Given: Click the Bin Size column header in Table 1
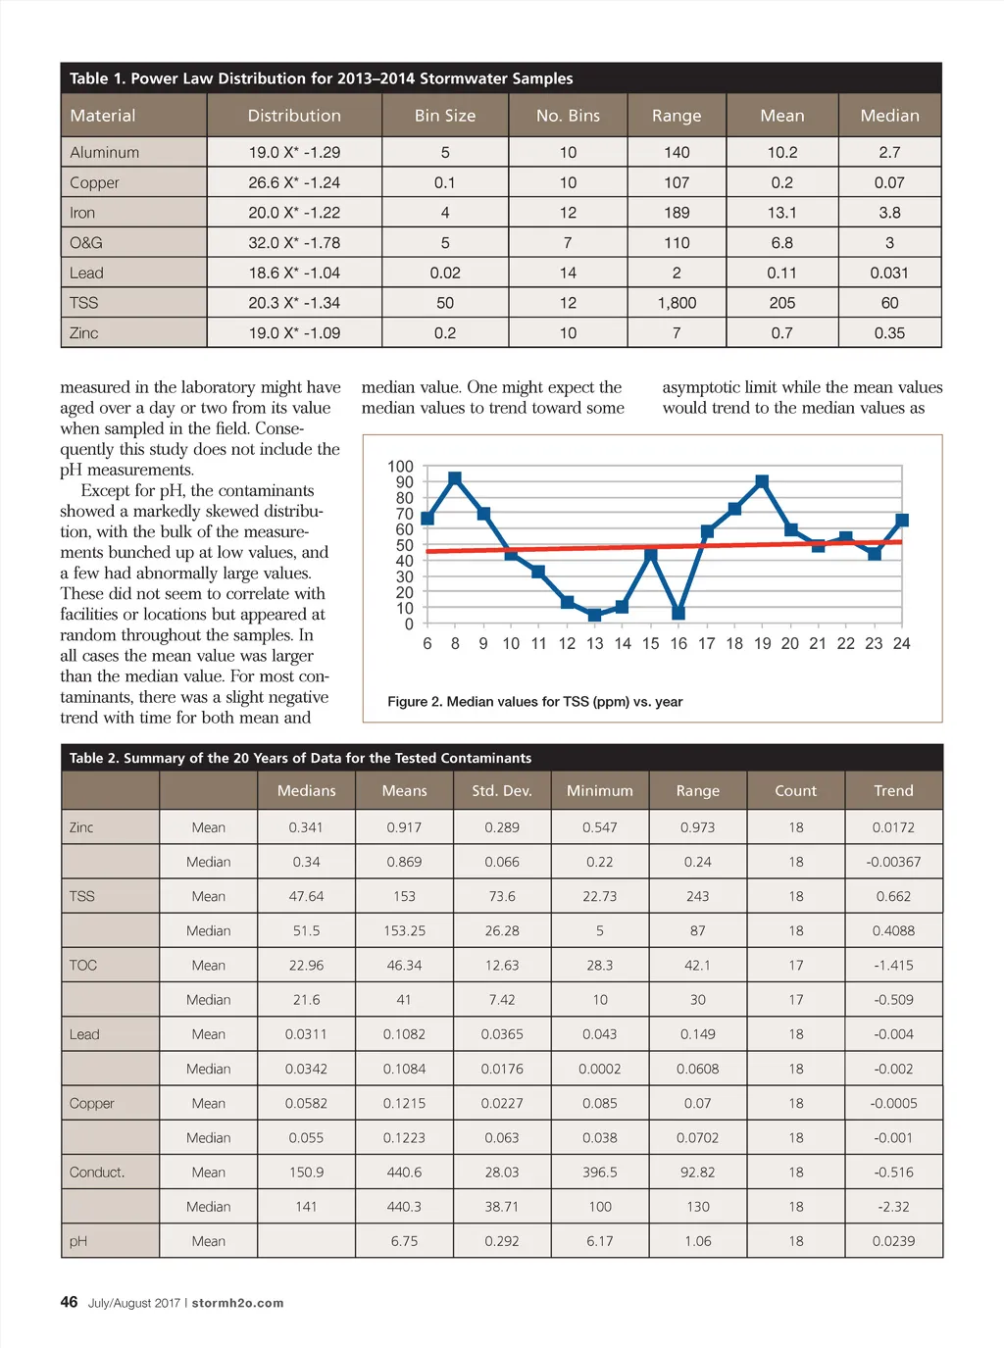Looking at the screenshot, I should click(x=445, y=116).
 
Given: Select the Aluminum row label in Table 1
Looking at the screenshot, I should click(x=105, y=153).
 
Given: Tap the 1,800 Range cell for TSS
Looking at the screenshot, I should click(x=677, y=303).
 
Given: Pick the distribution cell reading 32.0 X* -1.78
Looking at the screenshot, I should click(x=294, y=243).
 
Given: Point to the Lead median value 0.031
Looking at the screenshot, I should click(x=889, y=274).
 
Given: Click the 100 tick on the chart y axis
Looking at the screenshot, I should click(x=401, y=467).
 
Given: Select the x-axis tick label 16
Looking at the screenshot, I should click(x=678, y=644).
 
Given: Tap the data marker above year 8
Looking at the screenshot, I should click(x=455, y=478).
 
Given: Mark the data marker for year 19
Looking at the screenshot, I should click(x=762, y=481).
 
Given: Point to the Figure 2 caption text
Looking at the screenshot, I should click(x=534, y=702).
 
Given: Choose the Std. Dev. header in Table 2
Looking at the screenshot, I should click(x=502, y=791).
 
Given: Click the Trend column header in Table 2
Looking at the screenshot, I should click(x=893, y=791).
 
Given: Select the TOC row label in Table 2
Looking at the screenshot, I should click(x=83, y=966).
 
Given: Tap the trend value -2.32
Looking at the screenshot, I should click(x=893, y=1207).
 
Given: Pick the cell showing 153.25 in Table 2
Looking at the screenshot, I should click(x=404, y=931).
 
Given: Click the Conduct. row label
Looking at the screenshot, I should click(x=97, y=1173).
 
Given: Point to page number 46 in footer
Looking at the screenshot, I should click(x=69, y=1302).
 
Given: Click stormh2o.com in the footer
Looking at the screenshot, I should click(x=237, y=1303).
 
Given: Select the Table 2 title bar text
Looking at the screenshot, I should click(x=300, y=758).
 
